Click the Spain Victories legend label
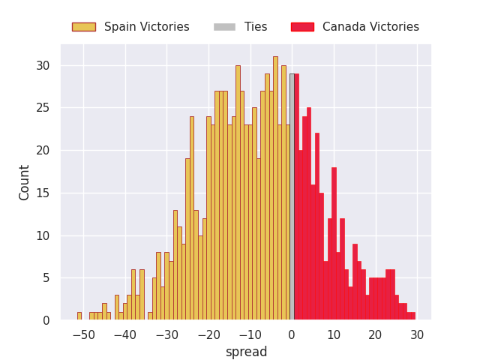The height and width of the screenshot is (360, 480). coord(146,27)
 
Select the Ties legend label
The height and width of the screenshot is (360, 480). coord(256,27)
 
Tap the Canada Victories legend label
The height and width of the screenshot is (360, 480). coord(370,27)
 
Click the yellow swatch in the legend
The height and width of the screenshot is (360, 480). coord(83,27)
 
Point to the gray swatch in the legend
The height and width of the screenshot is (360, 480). coord(224,27)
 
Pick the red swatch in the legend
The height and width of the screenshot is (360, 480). coord(301,27)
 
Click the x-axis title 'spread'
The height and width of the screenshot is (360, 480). coord(246,352)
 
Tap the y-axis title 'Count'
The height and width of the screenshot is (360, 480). coord(25,182)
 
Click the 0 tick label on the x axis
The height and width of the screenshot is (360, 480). coord(292,334)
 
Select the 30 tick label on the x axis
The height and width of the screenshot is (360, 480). coord(417,334)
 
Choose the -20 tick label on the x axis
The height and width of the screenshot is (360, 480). coord(208,334)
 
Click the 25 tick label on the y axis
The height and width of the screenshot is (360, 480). coord(43,108)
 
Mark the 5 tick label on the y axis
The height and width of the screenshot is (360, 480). coord(46,278)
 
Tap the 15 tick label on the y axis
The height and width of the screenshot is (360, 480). coord(43,193)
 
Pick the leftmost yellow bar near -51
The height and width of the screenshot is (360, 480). coord(79,316)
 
